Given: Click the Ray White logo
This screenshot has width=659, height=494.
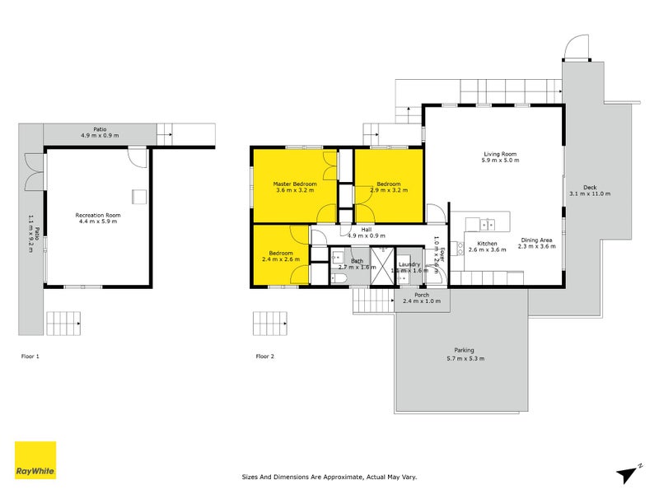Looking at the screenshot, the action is (x=35, y=460).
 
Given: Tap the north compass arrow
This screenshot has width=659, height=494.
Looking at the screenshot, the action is (x=627, y=474).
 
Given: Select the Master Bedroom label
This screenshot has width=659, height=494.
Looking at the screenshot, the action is (x=295, y=184).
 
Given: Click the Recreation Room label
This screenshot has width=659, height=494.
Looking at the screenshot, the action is (x=98, y=215).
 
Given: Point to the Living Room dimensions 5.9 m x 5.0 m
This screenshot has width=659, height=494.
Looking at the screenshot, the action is (x=500, y=160).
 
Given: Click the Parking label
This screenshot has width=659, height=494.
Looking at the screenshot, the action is (x=464, y=350).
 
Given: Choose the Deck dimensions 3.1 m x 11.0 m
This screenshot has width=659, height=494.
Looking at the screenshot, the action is (x=590, y=193).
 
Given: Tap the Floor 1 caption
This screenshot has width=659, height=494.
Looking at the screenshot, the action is (x=30, y=357).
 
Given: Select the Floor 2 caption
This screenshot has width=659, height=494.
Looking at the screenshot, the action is (x=264, y=357).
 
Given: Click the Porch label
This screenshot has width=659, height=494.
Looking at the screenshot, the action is (x=422, y=295).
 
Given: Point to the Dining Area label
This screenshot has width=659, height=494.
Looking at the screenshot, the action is (x=537, y=240).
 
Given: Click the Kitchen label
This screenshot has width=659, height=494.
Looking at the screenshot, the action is (x=487, y=244).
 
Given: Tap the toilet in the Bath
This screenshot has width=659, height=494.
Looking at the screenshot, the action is (x=339, y=278).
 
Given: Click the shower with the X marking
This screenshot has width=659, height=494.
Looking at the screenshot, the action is (x=382, y=266).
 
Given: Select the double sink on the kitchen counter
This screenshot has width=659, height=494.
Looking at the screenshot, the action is (x=488, y=225).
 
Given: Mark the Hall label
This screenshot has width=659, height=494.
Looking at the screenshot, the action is (x=367, y=230).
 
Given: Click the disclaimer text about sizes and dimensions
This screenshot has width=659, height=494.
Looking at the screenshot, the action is (x=329, y=477).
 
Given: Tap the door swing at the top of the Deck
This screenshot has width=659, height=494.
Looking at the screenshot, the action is (x=577, y=47).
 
